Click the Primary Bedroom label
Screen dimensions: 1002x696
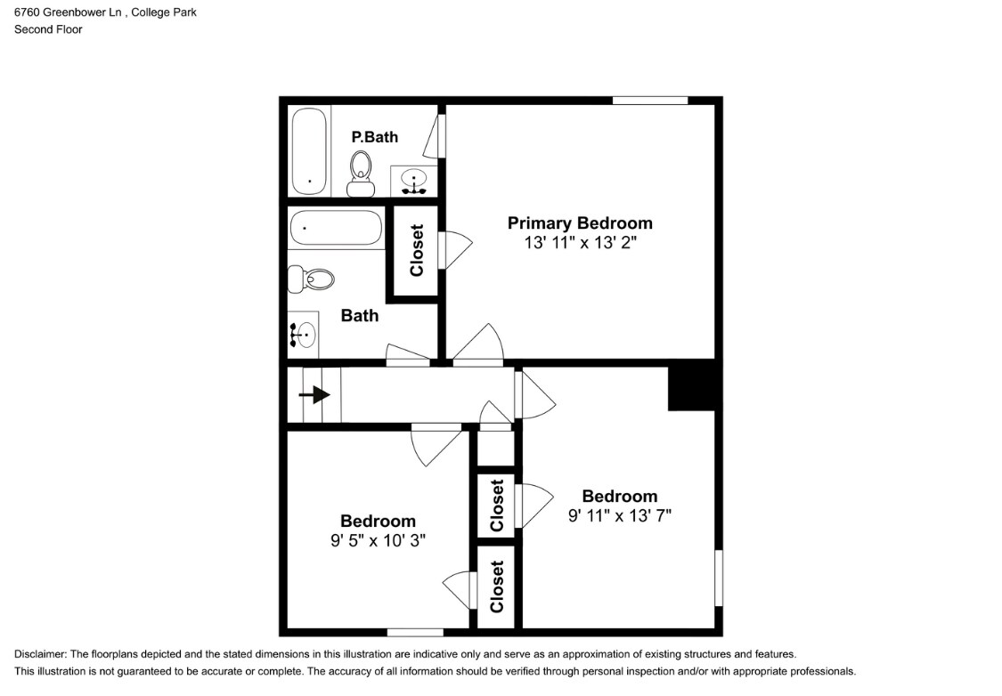580,223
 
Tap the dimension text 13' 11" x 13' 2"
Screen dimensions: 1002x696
580,243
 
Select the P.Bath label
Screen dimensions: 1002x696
374,137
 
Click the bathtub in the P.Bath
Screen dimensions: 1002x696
310,151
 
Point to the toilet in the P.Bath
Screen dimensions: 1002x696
361,174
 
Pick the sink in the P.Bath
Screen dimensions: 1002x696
414,181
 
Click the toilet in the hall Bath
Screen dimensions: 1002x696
311,279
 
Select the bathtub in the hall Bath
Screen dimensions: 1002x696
336,228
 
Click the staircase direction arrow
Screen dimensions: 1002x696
314,395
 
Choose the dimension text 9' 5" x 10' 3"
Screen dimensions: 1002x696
378,540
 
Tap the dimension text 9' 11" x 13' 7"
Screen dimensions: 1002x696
620,515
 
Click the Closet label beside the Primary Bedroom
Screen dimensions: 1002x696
417,250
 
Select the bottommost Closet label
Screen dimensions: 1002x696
497,587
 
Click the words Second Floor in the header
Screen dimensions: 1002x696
48,29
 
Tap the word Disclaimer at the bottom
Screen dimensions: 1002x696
40,654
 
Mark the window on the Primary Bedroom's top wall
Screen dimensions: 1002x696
650,101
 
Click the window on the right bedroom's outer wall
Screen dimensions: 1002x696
718,578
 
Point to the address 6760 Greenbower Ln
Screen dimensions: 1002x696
68,12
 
